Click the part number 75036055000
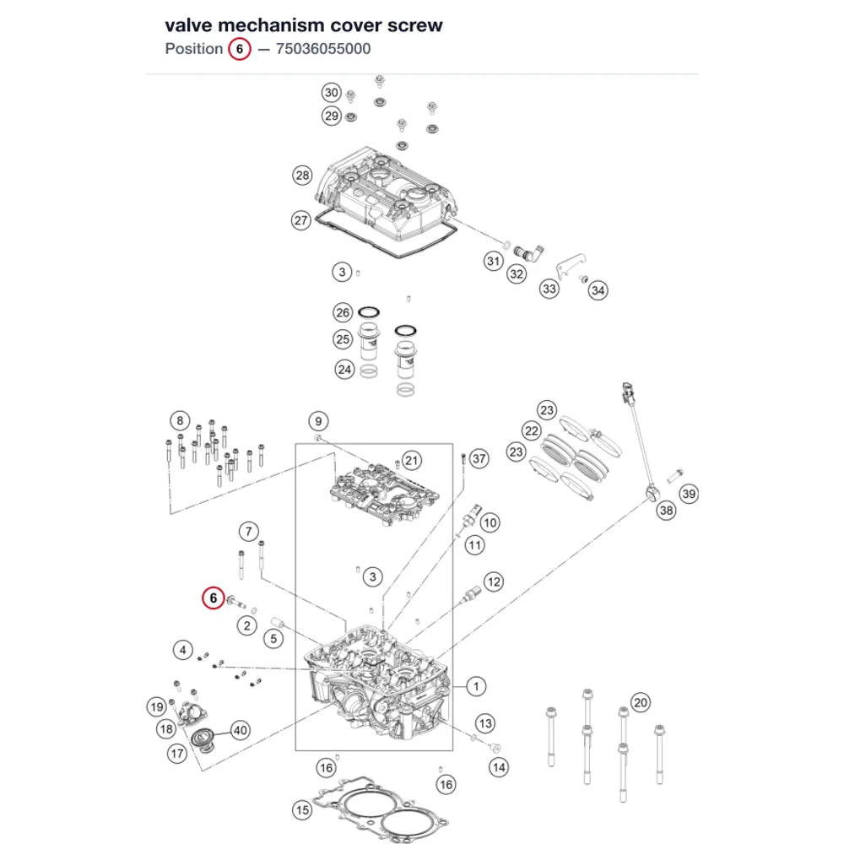tap(323, 49)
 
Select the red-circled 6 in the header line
tap(240, 49)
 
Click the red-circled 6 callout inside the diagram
tap(214, 598)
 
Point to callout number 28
tap(302, 175)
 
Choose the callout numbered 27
tap(301, 220)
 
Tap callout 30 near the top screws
tap(332, 93)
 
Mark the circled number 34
tap(598, 290)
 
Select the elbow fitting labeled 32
tap(528, 252)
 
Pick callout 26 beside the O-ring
tap(343, 312)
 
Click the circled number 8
tap(180, 420)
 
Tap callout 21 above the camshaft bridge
tap(412, 460)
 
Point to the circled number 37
tap(479, 458)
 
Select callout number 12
tap(494, 582)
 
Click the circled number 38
tap(667, 510)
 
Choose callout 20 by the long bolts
tap(641, 702)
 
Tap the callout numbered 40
tap(240, 730)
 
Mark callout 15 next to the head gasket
tap(302, 810)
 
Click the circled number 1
tap(476, 686)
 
